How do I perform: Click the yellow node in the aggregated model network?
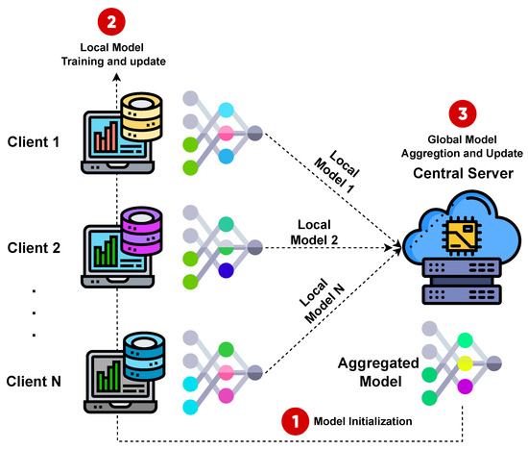coord(465,362)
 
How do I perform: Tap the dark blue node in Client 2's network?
coord(226,270)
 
